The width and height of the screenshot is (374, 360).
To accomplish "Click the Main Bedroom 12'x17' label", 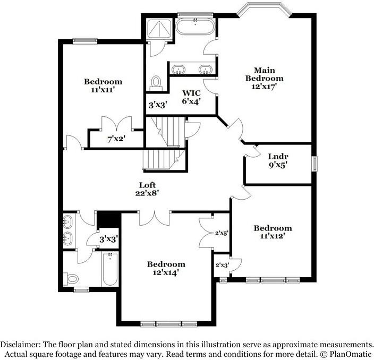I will coord(260,78).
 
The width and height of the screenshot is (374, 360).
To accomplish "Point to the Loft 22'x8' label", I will coord(147,188).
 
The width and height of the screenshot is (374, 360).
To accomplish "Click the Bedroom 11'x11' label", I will coord(103,85).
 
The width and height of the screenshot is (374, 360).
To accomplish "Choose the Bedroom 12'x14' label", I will coord(166,268).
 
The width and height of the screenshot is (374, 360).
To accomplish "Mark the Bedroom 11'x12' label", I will coord(273,232).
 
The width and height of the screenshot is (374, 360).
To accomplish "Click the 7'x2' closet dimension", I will coord(116,139).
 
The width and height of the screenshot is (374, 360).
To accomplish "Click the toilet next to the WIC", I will coord(156,82).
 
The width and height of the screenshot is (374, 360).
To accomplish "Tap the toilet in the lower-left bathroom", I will coord(71,278).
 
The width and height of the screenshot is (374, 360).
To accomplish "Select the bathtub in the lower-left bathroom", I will coord(110,270).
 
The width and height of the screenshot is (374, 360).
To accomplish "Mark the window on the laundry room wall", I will coord(314,163).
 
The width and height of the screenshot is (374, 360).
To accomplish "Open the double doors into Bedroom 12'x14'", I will coord(155,217).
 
